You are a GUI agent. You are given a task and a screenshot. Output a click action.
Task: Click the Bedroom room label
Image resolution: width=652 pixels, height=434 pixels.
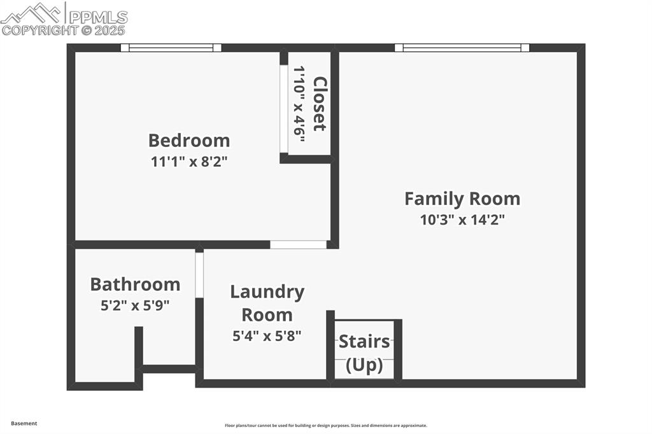pos(189,140)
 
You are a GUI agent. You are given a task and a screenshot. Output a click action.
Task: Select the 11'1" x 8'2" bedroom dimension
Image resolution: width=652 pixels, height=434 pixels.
pos(189,161)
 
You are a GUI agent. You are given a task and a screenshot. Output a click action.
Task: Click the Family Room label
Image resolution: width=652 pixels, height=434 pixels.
pos(462,199)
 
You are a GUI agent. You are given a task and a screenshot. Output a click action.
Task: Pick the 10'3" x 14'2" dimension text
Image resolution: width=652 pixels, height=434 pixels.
pos(462,220)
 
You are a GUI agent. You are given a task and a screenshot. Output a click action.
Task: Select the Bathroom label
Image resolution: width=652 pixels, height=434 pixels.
pos(135,284)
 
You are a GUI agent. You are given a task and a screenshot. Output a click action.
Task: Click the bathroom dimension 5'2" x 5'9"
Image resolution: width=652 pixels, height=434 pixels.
pos(135,305)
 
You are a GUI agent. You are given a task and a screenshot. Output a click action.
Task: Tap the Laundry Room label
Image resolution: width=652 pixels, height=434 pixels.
pos(267,303)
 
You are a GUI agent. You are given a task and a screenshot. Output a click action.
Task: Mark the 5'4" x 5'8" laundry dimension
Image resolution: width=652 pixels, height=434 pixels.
pos(267,335)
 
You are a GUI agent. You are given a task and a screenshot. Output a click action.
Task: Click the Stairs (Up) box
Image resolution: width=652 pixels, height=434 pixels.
pos(364,352)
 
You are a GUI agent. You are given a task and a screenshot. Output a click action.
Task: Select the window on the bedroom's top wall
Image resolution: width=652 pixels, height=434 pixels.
pos(171,47)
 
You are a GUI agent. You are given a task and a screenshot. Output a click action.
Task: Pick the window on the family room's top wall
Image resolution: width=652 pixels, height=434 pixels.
pos(462,47)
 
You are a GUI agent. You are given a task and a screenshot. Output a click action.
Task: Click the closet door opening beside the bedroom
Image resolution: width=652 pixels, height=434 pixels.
pos(284,109)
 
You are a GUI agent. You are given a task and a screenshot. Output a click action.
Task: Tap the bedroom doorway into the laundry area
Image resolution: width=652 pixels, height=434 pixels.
pos(298,244)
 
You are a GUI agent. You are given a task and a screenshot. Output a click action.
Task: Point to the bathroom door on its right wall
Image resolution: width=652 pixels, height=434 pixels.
pos(199,275)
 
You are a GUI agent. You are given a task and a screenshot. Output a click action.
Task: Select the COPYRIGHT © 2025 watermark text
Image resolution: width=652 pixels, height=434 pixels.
pos(64,30)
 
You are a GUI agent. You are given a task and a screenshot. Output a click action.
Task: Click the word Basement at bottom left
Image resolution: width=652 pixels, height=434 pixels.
pos(24,423)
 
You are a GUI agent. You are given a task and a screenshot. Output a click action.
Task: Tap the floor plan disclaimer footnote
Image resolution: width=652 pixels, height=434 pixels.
pos(325,426)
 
